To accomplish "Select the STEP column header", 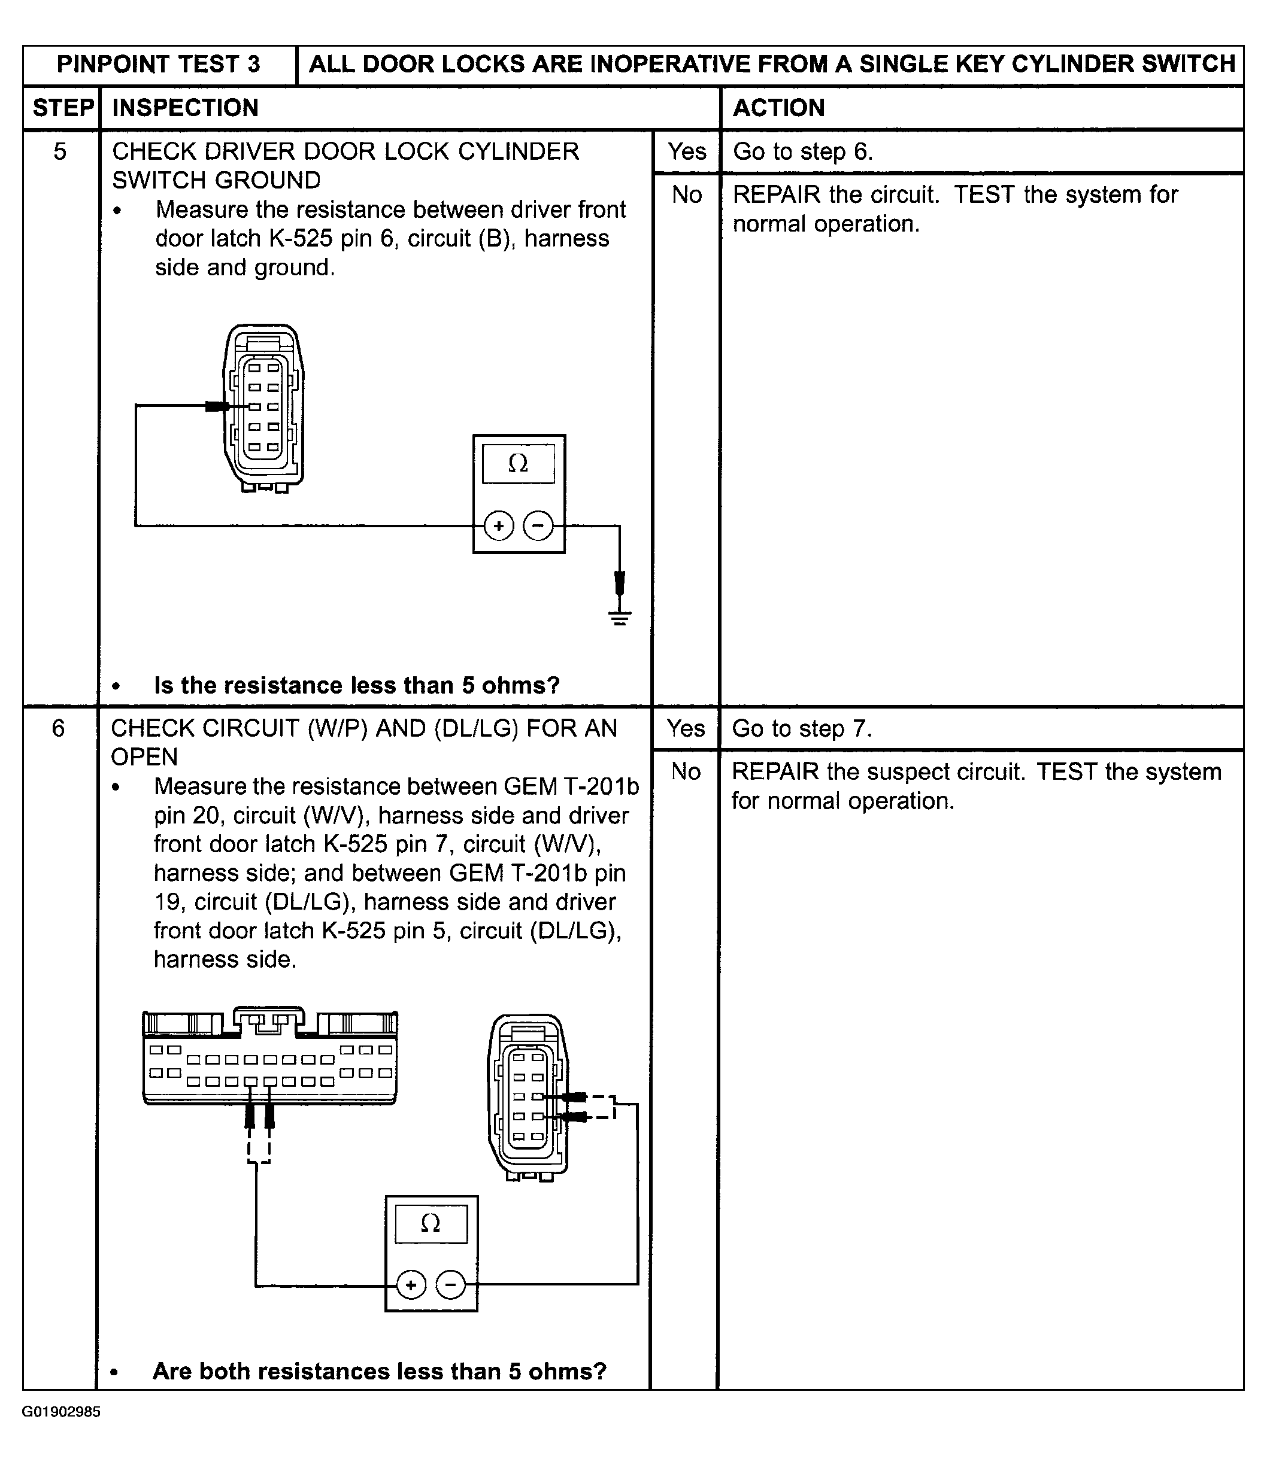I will click(x=62, y=107).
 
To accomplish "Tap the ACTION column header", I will click(x=778, y=107).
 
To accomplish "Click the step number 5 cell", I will click(x=60, y=151).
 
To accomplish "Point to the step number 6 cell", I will click(x=59, y=728).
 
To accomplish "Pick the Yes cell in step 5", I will click(x=687, y=151).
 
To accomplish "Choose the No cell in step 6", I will click(x=686, y=771).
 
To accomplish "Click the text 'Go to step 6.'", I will click(x=802, y=151).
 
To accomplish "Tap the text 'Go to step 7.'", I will click(x=802, y=728).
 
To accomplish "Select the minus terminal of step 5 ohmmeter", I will click(x=538, y=525).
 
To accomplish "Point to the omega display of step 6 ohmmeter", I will click(x=431, y=1223).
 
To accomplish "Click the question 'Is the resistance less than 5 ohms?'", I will click(x=356, y=685).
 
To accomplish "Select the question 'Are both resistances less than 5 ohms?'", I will click(x=380, y=1371).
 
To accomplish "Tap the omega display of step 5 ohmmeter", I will click(x=519, y=464).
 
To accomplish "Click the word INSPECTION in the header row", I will click(x=185, y=107).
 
